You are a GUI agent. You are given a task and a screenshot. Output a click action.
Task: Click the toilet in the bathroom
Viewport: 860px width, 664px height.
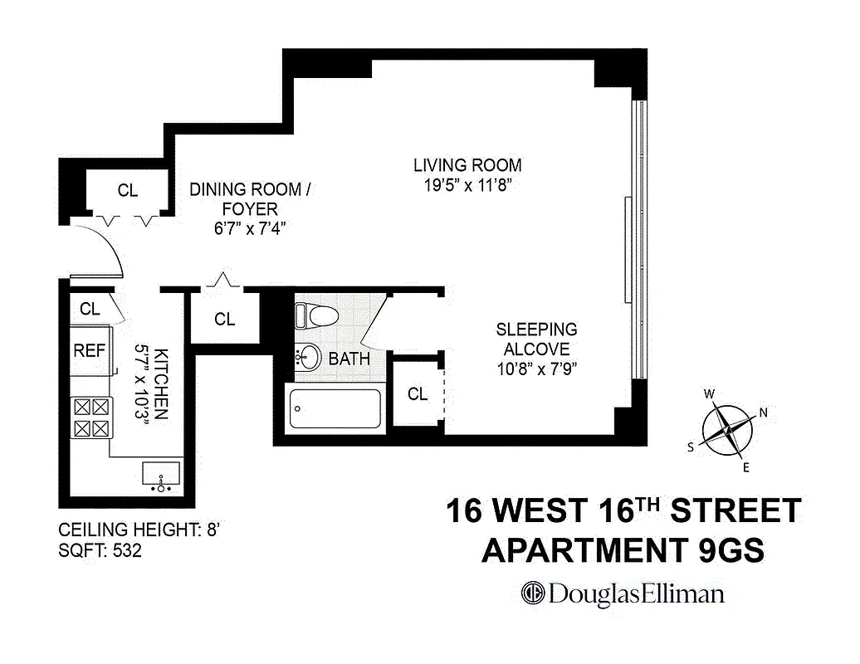coord(317,315)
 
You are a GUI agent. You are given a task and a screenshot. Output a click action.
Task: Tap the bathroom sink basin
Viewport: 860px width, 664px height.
coord(308,358)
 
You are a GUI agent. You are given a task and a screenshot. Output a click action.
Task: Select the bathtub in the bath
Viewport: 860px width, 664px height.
coord(335,408)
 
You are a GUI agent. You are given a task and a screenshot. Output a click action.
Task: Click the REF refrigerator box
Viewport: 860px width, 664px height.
coord(90,350)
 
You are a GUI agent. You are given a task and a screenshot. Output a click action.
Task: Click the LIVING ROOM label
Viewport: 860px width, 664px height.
coord(467,165)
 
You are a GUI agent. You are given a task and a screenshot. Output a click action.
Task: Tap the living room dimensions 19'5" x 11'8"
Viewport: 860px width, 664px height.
coord(467,185)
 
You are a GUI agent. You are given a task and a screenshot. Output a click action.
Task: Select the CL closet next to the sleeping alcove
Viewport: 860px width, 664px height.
coord(418,394)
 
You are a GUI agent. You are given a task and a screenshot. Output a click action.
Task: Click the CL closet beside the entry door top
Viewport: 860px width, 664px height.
coord(127,190)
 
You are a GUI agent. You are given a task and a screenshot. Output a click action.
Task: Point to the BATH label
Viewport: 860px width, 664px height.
coord(349,359)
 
